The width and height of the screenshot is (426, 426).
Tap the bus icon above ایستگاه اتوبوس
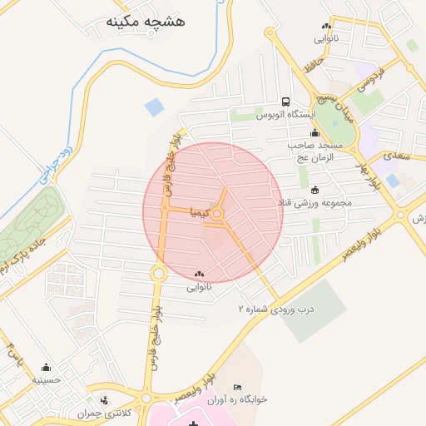(x=285, y=101)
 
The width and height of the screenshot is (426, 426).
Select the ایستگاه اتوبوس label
(x=283, y=114)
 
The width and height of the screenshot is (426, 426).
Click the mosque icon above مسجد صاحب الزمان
(x=315, y=133)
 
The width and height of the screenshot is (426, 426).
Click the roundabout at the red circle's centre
(x=218, y=215)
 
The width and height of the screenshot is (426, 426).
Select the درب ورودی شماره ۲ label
(x=278, y=308)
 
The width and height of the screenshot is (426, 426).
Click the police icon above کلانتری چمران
(x=102, y=402)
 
